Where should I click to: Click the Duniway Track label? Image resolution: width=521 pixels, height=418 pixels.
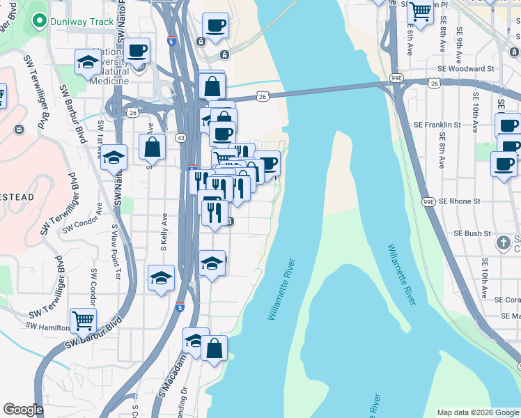[x=81, y=22]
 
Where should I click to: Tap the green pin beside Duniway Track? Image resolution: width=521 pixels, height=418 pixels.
[x=40, y=22]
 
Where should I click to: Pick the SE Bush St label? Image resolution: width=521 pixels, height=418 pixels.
[x=473, y=233]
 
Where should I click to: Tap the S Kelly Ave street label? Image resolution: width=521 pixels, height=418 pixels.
[x=163, y=232]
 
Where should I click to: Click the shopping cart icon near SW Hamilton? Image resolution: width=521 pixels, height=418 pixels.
[x=83, y=320]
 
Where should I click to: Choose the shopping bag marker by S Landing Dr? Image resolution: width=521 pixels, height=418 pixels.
[x=215, y=347]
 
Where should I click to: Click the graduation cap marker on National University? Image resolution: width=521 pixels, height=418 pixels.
[x=88, y=61]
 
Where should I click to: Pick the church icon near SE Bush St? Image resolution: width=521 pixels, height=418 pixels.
[x=503, y=242]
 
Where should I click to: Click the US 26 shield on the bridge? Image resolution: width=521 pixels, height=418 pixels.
[x=262, y=97]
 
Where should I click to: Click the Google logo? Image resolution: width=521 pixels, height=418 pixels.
[x=22, y=410]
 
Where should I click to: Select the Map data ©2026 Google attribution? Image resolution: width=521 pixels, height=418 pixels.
[x=477, y=412]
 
